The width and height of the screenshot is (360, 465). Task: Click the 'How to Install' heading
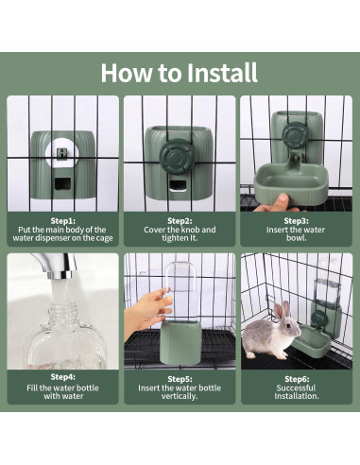pos(180,73)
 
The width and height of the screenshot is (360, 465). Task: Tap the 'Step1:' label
pos(63,221)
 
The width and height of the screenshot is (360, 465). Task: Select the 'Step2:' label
pos(180,221)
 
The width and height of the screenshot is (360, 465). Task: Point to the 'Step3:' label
pos(296,221)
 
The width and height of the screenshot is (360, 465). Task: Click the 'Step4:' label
pos(63,377)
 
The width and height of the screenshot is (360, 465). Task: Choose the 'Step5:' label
pos(180,379)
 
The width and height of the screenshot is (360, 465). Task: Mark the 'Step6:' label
pos(297,379)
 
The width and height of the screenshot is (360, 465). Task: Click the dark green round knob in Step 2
pos(177,156)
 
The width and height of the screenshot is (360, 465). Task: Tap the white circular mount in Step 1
pos(62,154)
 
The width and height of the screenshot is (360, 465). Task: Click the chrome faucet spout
pos(57,266)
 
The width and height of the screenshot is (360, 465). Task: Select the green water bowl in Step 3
pos(291,183)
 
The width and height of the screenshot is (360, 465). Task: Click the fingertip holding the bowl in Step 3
pos(283,198)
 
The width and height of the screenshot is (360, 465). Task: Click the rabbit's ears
pos(283,310)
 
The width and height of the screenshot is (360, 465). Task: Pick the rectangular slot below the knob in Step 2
pos(178,186)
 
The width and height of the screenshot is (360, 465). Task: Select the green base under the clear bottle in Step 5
pos(181,343)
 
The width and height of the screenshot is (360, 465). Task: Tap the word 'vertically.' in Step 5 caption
pos(180,396)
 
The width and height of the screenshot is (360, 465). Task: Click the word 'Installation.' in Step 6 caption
pos(297,396)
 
